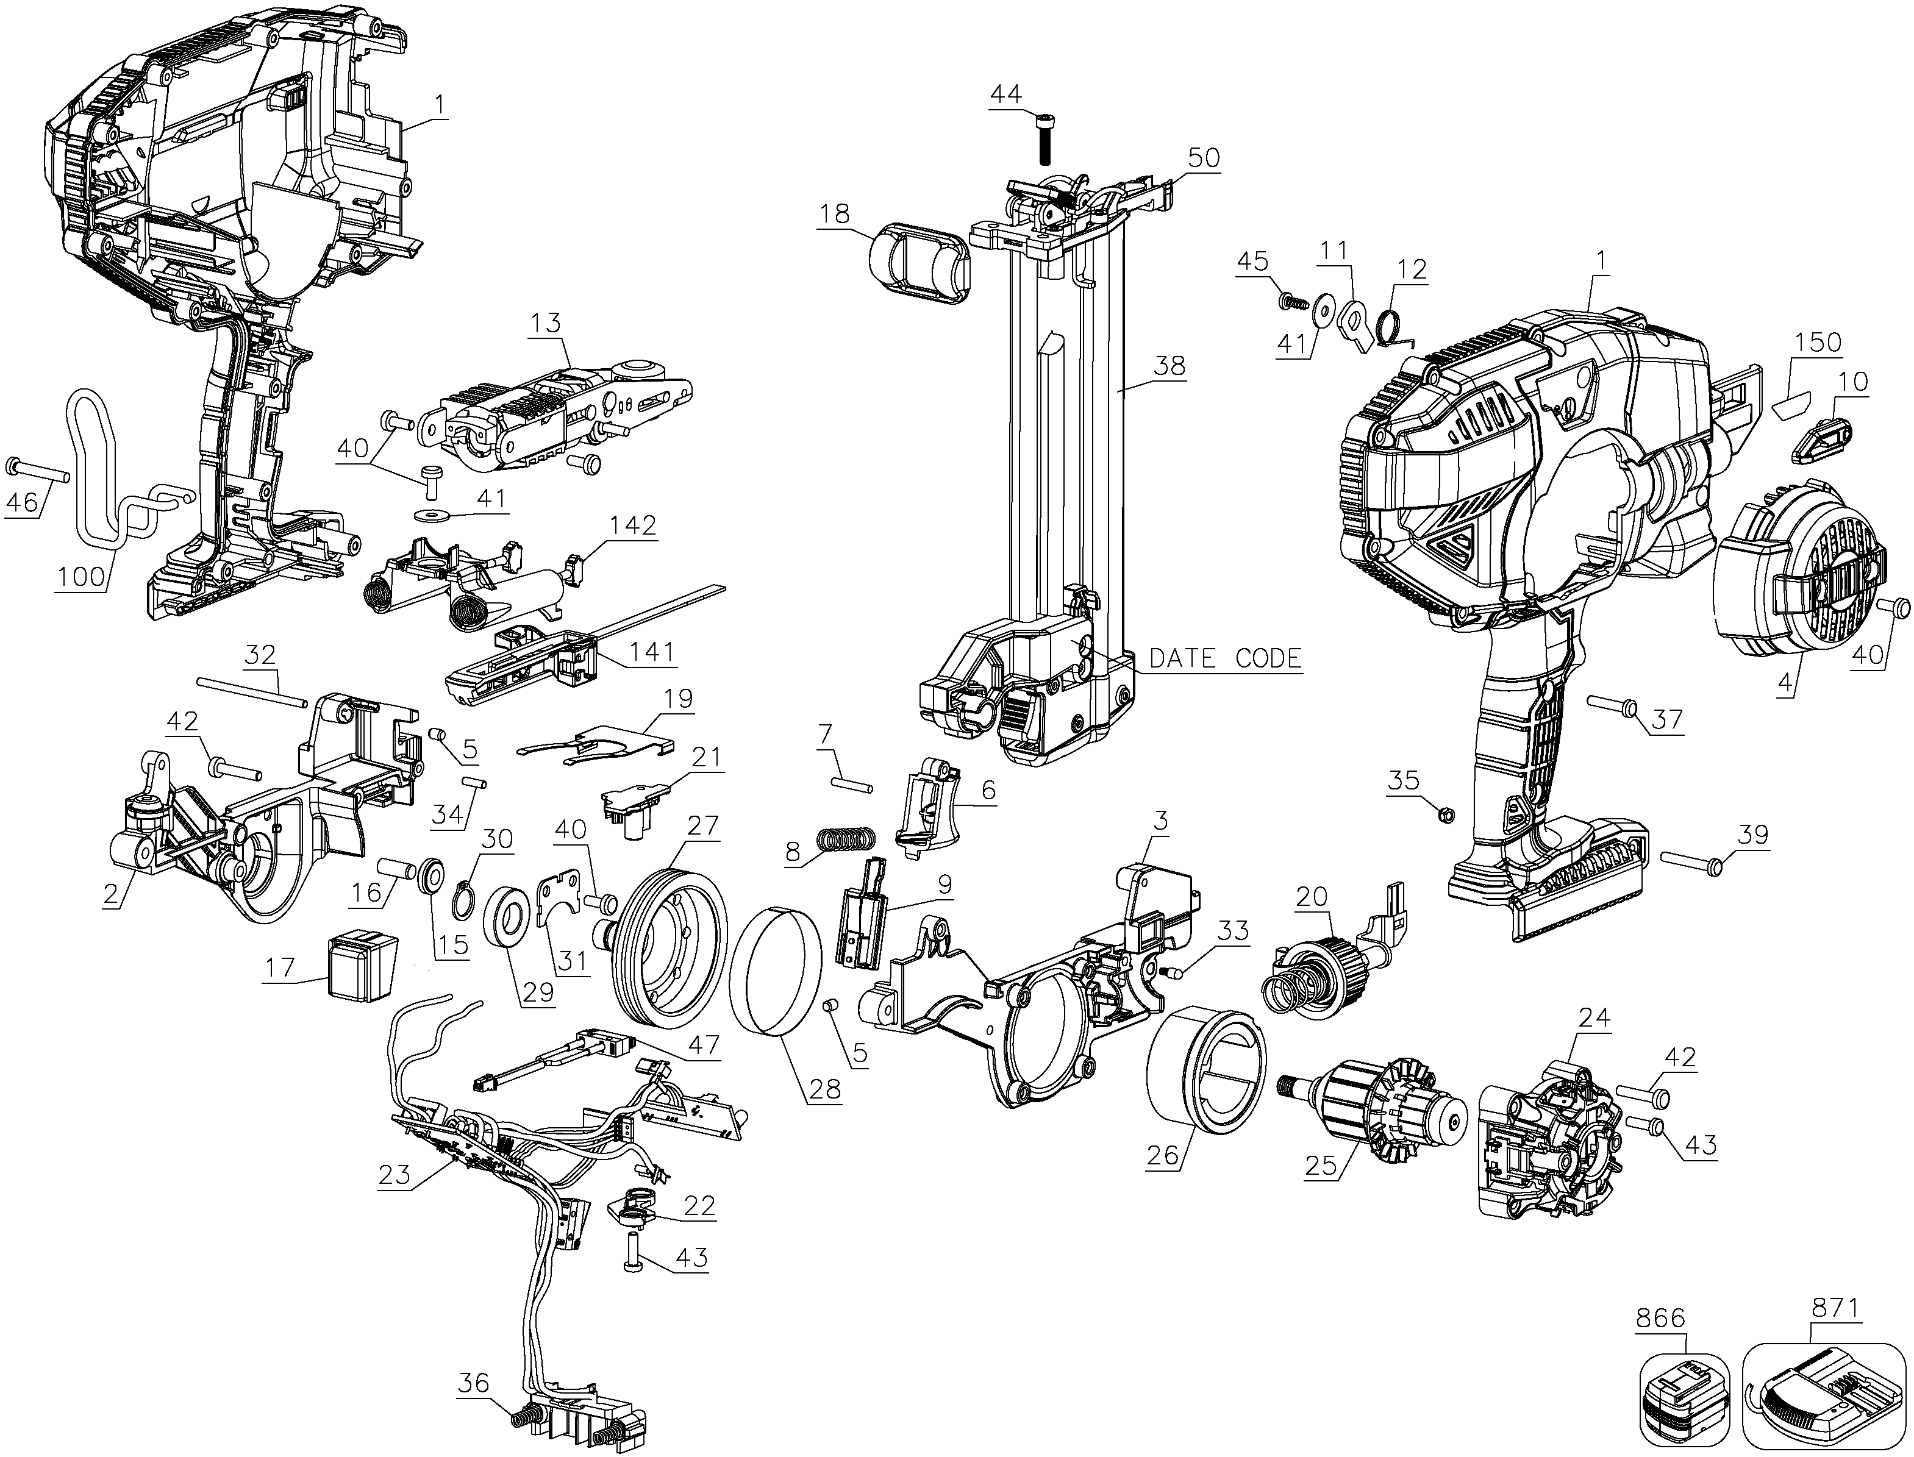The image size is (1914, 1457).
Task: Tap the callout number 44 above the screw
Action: coord(1006,94)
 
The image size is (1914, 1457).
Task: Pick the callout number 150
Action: coord(1818,342)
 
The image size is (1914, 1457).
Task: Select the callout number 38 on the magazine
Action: coord(1168,366)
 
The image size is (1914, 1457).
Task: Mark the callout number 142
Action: coord(633,525)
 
